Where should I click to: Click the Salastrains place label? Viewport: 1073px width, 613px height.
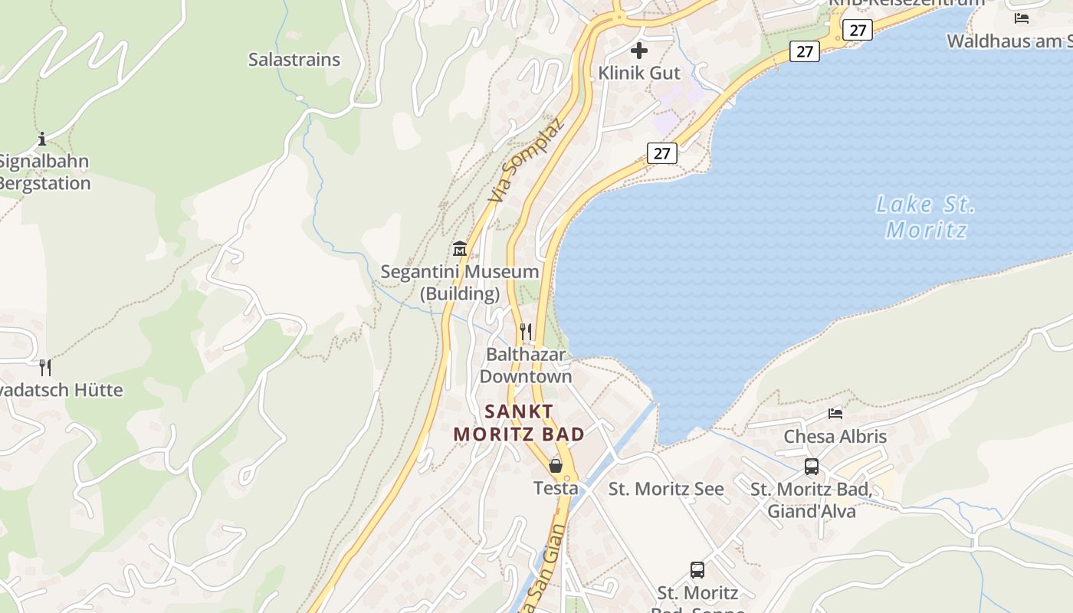pos(294,60)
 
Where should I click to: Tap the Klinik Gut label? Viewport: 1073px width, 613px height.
pos(639,73)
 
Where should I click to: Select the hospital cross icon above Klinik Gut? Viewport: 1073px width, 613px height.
pos(639,51)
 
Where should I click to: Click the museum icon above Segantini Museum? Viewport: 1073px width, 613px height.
pos(460,248)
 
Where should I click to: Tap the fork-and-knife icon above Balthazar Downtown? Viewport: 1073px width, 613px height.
pos(526,331)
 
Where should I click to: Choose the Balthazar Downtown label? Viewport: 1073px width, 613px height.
pos(526,366)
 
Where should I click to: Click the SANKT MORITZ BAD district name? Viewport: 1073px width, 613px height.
pos(519,423)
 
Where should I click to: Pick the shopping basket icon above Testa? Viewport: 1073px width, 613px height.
pos(556,466)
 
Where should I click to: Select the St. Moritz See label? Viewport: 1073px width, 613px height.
pos(666,489)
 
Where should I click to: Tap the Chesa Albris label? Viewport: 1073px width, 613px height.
pos(835,437)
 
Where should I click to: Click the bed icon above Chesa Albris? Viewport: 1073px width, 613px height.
pos(835,414)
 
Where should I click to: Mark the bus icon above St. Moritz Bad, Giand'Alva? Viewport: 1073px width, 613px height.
pos(812,466)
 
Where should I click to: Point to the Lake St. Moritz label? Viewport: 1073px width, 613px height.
pos(926,217)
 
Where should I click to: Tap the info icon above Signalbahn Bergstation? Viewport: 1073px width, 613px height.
pos(42,139)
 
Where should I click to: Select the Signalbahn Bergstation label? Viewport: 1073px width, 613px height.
pos(44,172)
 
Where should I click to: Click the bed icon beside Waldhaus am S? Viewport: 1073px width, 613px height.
pos(1021,18)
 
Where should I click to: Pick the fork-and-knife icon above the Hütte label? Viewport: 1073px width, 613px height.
pos(45,367)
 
